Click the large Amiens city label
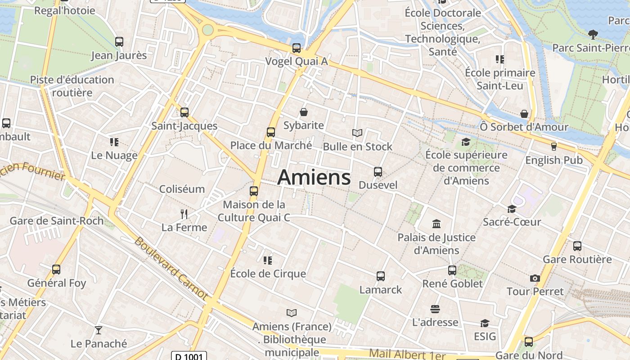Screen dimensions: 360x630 click(x=314, y=177)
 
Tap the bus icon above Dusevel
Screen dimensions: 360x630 click(x=378, y=171)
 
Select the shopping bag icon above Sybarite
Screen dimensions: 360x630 click(x=304, y=112)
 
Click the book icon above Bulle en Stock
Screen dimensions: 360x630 click(x=357, y=133)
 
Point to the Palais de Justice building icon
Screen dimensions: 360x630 click(x=436, y=224)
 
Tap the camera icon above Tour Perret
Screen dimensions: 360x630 click(x=535, y=278)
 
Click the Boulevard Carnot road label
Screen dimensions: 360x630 click(x=171, y=269)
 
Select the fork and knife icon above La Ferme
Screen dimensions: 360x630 click(x=184, y=213)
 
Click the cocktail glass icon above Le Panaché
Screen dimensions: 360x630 click(x=99, y=330)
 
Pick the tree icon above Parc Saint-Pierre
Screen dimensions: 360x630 click(x=593, y=34)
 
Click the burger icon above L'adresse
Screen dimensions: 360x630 click(x=435, y=309)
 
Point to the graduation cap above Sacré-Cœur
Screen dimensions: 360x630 click(x=512, y=209)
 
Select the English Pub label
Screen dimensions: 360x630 click(x=553, y=160)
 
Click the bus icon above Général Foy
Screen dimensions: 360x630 click(x=56, y=269)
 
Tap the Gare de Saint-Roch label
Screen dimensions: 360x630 click(x=57, y=221)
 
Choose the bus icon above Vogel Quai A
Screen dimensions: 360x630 click(x=296, y=48)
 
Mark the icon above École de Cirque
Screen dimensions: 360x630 click(x=268, y=260)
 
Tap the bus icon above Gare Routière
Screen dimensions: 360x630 click(x=577, y=246)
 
